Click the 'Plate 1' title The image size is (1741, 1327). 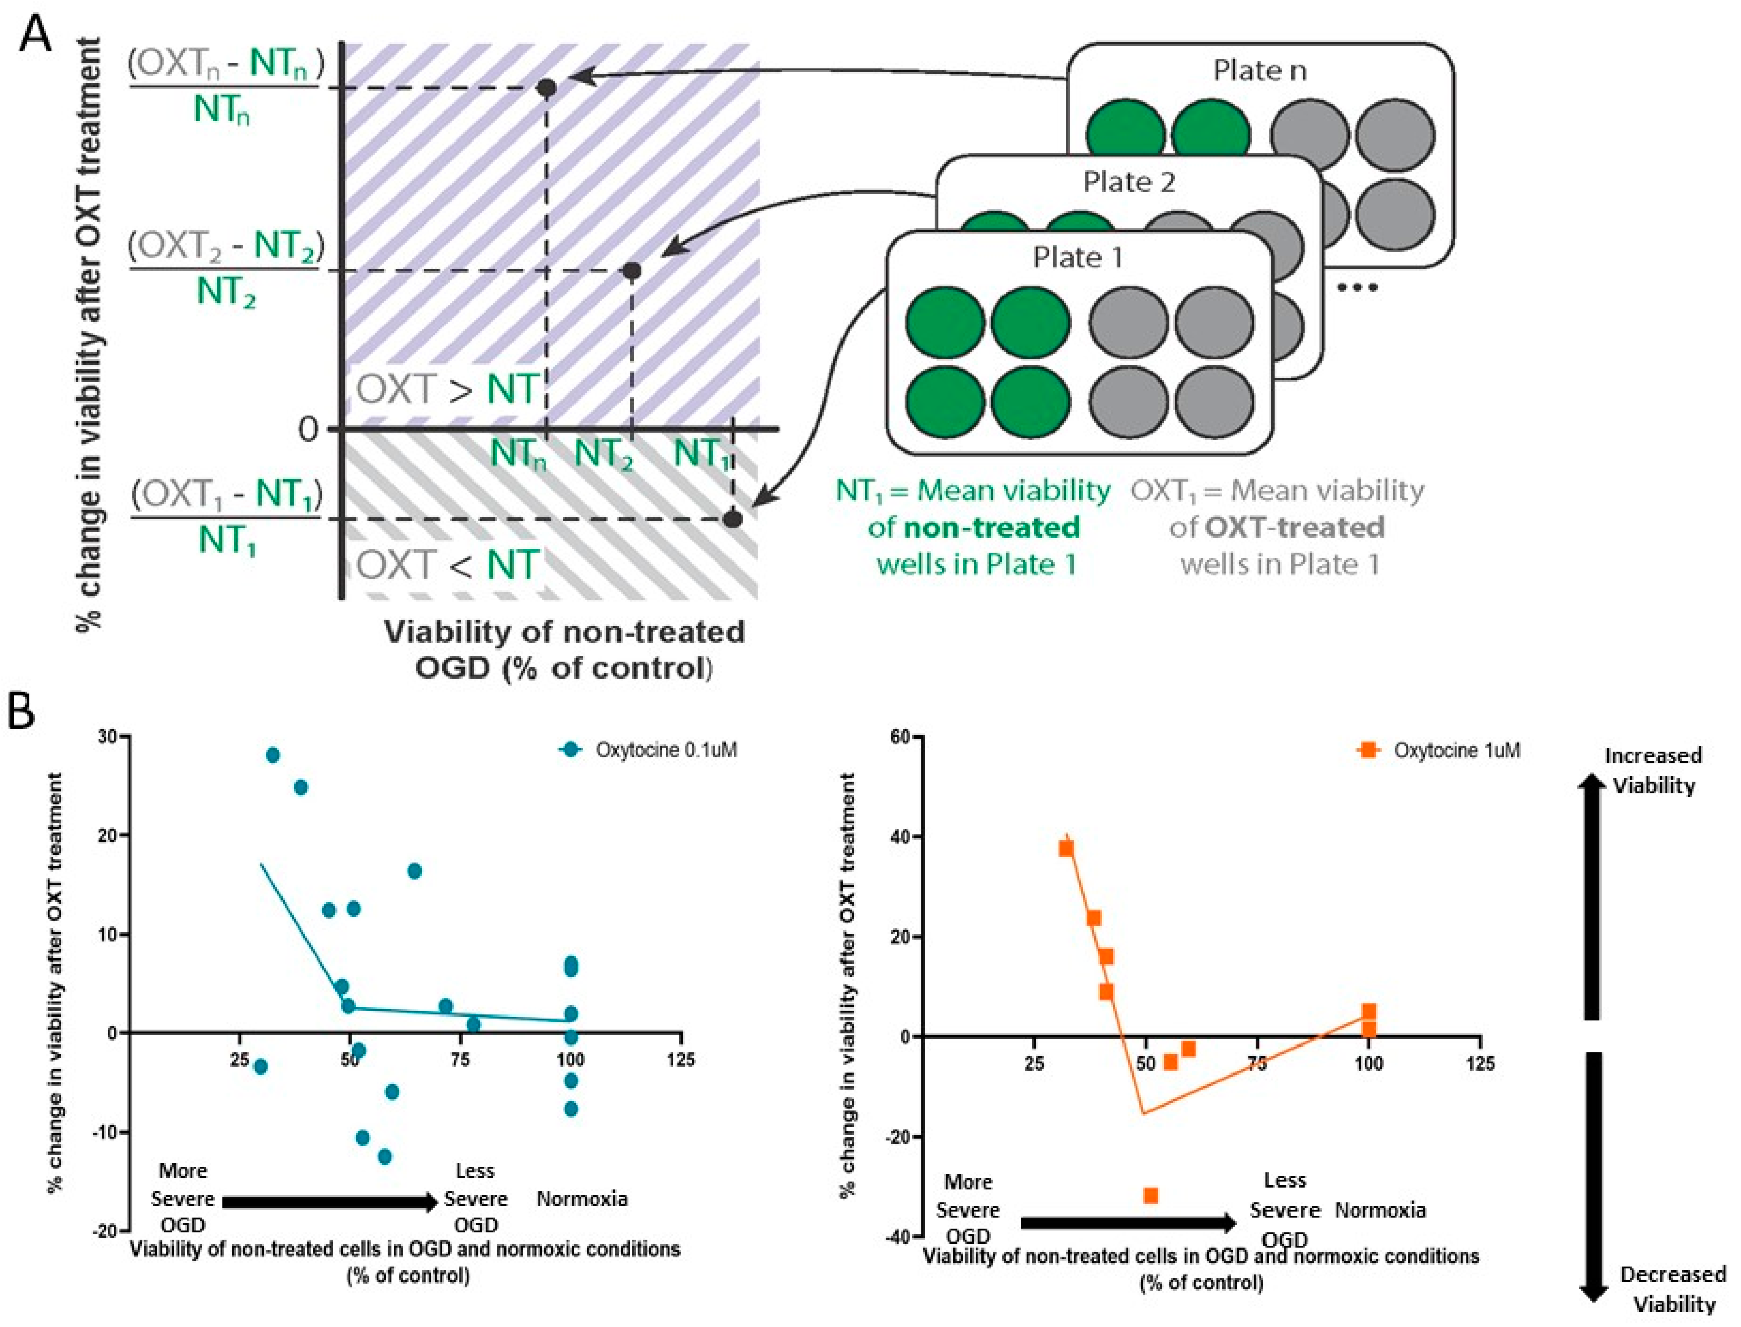pyautogui.click(x=1078, y=258)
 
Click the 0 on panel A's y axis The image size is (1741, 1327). pyautogui.click(x=308, y=430)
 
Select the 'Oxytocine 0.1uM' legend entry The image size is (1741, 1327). pyautogui.click(x=665, y=750)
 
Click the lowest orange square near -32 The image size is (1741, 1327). pyautogui.click(x=1151, y=1196)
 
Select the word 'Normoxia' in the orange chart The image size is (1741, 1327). pyautogui.click(x=1380, y=1210)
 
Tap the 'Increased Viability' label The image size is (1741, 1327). pyautogui.click(x=1652, y=770)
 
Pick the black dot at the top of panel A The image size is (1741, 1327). pyautogui.click(x=547, y=88)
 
